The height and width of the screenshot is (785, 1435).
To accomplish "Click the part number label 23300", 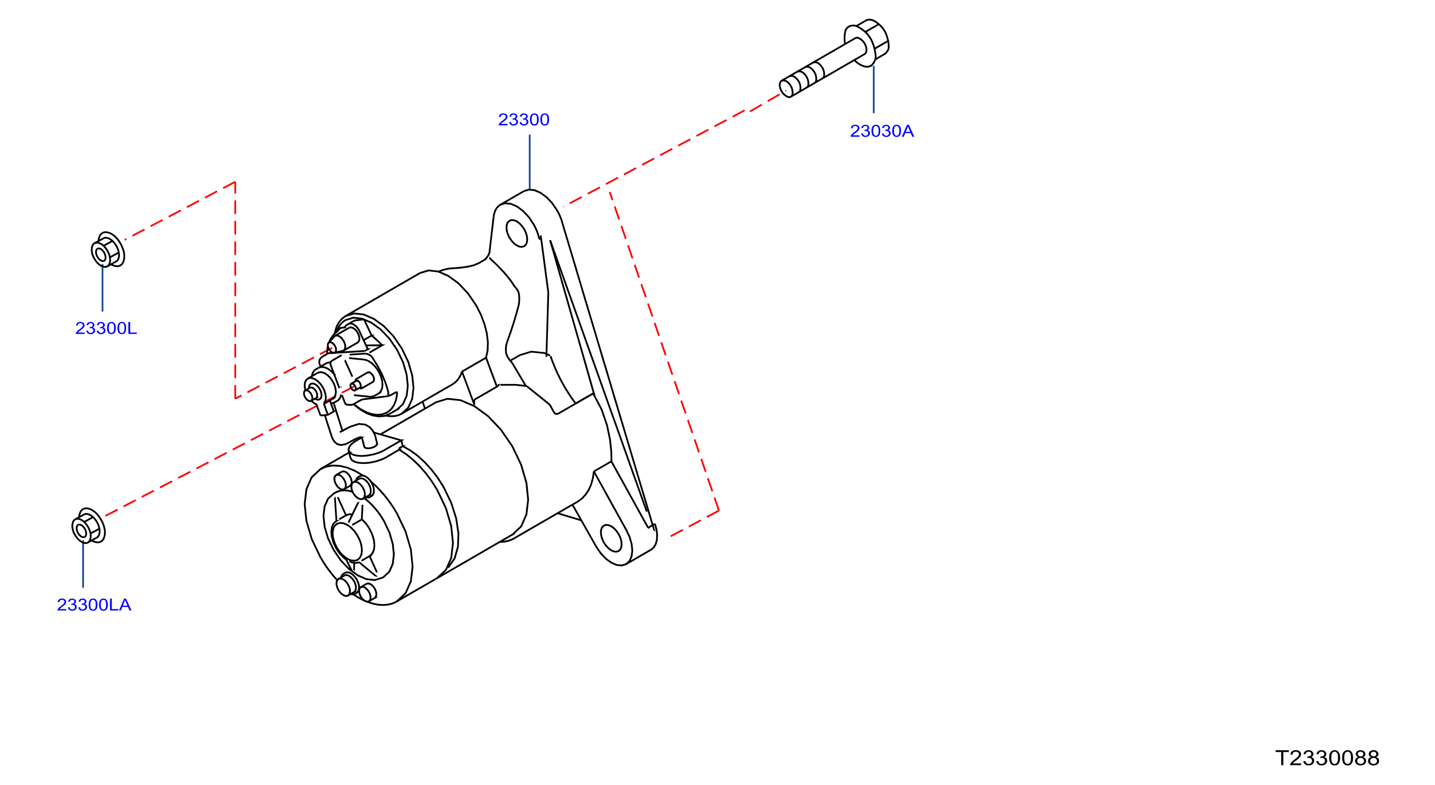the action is tap(523, 120).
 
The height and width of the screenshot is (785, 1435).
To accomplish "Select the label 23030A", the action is tap(881, 131).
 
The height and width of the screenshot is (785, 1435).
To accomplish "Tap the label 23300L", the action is tap(106, 328).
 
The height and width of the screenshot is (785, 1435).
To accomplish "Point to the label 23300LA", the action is tap(94, 605).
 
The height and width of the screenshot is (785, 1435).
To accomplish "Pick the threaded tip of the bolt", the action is tap(787, 89).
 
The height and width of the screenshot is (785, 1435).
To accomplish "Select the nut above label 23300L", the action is tap(108, 250).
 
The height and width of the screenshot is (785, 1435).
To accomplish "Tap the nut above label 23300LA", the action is tap(89, 526).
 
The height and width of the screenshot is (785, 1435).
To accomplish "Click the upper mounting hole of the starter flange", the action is tap(516, 233).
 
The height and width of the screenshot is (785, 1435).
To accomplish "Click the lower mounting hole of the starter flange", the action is tap(611, 538).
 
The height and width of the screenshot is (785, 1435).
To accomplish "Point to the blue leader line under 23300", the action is tap(530, 162).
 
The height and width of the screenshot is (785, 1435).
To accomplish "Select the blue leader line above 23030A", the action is tap(873, 89).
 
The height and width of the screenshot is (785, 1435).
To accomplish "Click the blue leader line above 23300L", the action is tap(102, 289).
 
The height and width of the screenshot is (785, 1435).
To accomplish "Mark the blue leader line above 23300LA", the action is tap(83, 565).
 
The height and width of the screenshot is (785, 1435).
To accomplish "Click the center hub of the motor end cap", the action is tap(347, 541).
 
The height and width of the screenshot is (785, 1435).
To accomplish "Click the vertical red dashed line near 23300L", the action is tap(235, 290).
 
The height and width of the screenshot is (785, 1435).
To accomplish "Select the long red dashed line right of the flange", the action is tap(664, 351).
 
